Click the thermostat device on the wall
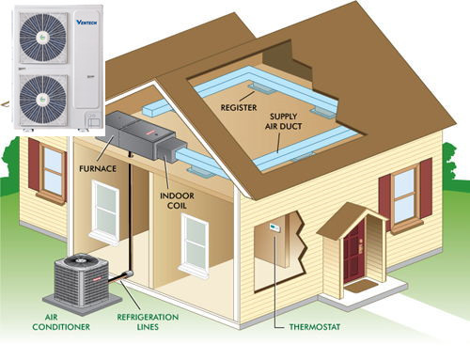pyautogui.click(x=274, y=228)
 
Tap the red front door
pyautogui.click(x=353, y=253)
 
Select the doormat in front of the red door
pyautogui.click(x=361, y=287)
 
